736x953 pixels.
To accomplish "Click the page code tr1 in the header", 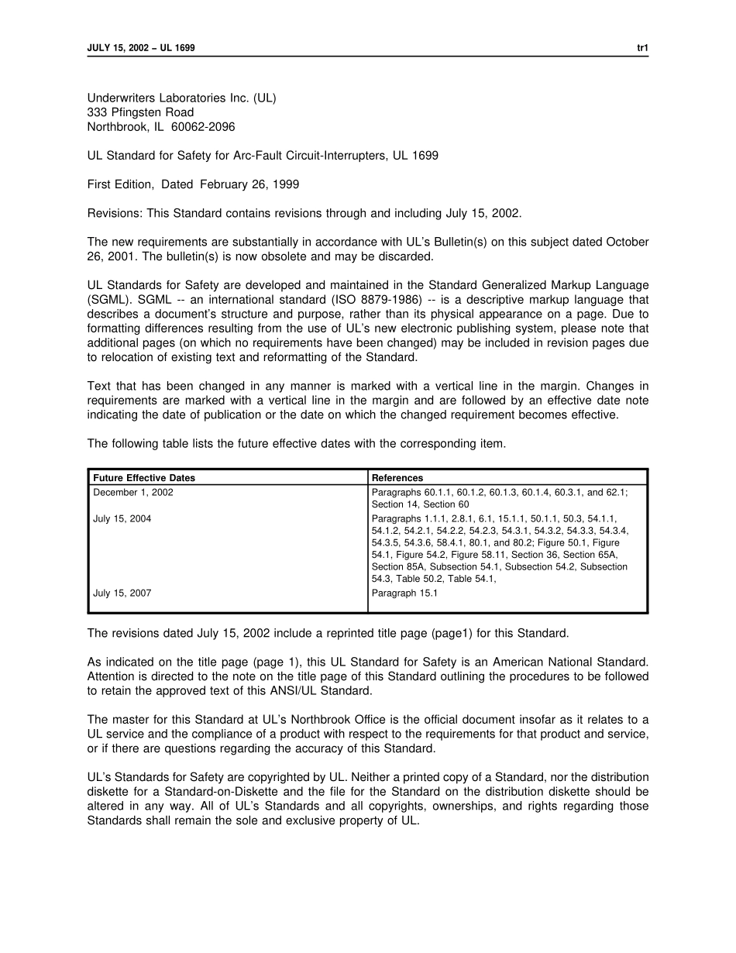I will click(642, 48).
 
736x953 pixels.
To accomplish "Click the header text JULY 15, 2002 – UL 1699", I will click(141, 48).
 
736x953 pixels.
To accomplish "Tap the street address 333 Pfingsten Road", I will click(140, 112).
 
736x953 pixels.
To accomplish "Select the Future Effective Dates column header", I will click(144, 478).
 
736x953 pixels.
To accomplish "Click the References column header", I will click(397, 478).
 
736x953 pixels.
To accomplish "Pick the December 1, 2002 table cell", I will click(133, 493).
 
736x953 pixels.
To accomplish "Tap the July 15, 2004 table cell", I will click(122, 519).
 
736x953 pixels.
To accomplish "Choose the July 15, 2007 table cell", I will click(122, 593).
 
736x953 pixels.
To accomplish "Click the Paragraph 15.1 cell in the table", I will click(404, 593).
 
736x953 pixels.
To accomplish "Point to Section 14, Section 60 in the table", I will click(420, 505).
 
